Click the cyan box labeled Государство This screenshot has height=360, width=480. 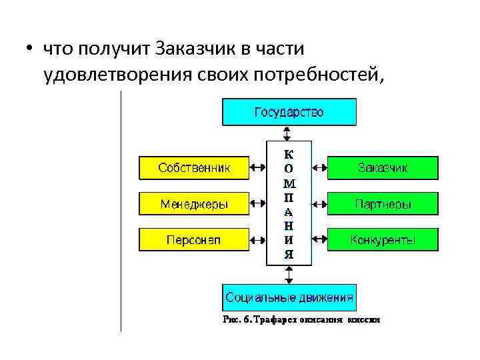289,112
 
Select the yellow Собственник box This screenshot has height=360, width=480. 193,168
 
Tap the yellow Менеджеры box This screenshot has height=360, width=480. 193,203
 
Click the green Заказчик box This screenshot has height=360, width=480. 383,168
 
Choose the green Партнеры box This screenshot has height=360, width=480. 383,203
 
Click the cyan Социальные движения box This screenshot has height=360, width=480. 289,297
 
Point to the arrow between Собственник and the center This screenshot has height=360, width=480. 257,168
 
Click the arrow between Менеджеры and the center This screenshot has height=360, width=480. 257,203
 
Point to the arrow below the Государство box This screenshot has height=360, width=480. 289,133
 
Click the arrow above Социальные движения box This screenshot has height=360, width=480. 289,273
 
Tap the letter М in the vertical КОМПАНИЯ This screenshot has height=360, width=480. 289,183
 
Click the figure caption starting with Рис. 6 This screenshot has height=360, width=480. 301,320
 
